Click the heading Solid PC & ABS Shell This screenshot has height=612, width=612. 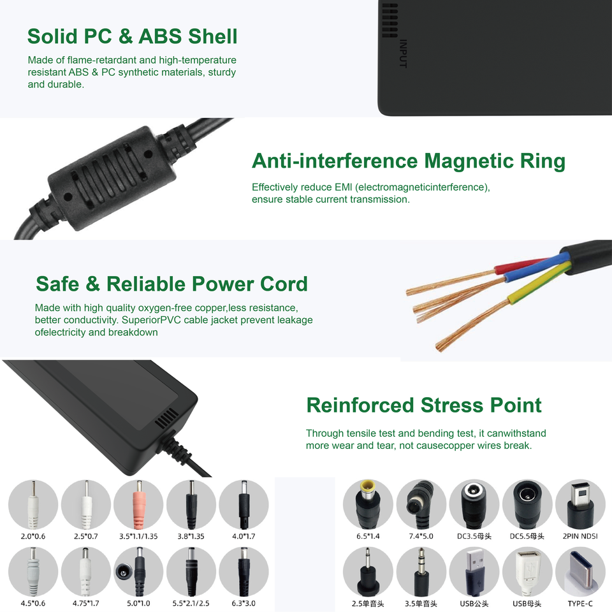[132, 36]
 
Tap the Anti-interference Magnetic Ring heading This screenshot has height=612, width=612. [408, 161]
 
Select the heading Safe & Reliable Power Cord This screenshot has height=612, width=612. [171, 284]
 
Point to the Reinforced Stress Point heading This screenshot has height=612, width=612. [423, 405]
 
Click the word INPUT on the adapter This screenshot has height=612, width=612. [403, 54]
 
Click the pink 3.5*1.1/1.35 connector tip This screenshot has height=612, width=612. [138, 501]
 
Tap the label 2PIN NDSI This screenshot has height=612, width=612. [580, 536]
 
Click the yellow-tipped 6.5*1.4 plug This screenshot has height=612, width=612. [368, 502]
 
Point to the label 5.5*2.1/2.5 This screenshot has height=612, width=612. [191, 603]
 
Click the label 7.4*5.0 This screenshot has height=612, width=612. [421, 536]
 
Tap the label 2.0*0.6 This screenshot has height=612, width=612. [33, 536]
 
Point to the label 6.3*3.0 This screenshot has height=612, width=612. [244, 603]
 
